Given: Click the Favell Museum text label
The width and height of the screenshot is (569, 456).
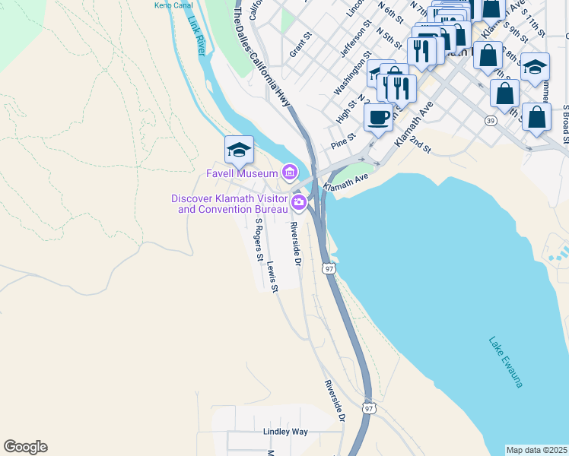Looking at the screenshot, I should coord(242,173).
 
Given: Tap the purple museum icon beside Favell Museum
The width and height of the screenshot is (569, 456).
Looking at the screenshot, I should coord(289,173).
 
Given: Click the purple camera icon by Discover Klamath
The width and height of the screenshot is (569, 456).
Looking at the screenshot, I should coord(299,202).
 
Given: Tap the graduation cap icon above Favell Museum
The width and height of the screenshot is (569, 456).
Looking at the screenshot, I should coord(239,150).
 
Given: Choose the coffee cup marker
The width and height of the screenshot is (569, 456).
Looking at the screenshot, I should coord(378,117).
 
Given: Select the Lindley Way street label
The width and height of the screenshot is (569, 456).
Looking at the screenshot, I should coord(285,432).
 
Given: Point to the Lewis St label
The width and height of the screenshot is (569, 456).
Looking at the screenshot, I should coord(273,277).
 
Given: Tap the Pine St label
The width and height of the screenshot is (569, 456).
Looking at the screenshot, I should coord(343,141).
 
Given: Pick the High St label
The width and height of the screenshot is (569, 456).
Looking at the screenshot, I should coord(346,111).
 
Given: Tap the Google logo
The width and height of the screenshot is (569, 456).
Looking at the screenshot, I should coord(25,447).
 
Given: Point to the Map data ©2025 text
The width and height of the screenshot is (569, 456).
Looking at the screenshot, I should coord(536,450).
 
